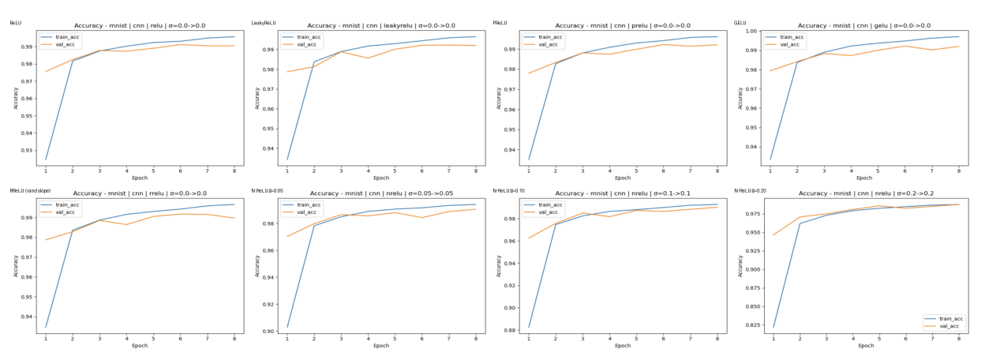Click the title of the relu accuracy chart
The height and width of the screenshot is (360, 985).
point(139,25)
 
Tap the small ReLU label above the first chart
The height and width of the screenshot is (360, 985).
point(14,23)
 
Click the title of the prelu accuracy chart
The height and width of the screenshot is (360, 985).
point(623,25)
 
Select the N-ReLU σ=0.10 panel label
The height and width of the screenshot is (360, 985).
point(510,190)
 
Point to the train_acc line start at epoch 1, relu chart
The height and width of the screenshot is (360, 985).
point(46,159)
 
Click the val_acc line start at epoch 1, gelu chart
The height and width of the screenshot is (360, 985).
point(770,71)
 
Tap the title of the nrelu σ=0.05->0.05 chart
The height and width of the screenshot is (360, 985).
point(381,193)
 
